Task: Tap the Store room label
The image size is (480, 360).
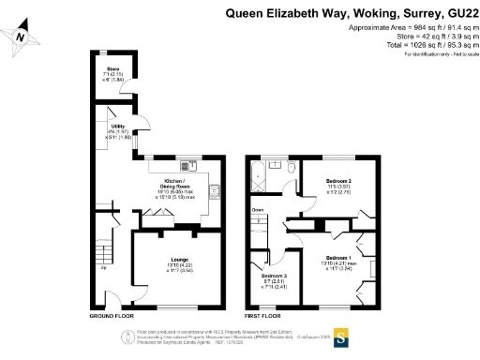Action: tap(112, 68)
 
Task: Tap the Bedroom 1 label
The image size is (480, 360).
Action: tap(338, 257)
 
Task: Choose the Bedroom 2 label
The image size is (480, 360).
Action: tap(338, 180)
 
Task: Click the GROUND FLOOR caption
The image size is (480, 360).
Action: tap(111, 318)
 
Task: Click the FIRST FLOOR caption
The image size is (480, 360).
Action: tap(263, 318)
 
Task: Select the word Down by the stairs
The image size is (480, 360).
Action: tap(258, 209)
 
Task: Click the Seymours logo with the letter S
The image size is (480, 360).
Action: tap(341, 335)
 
